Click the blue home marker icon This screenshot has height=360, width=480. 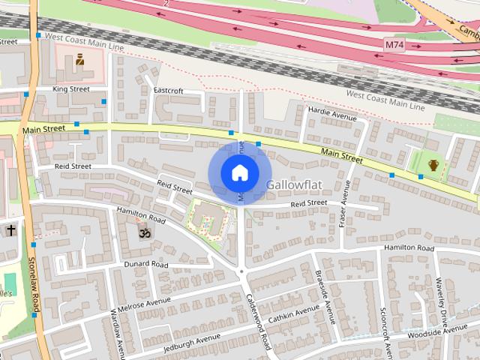239,173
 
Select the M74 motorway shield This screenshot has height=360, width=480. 394,46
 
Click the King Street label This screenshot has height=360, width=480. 70,89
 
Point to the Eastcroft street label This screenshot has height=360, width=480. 168,91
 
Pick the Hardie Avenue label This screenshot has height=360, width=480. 332,113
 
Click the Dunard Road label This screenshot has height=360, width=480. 146,264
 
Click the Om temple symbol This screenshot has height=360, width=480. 142,234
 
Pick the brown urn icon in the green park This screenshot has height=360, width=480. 433,165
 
